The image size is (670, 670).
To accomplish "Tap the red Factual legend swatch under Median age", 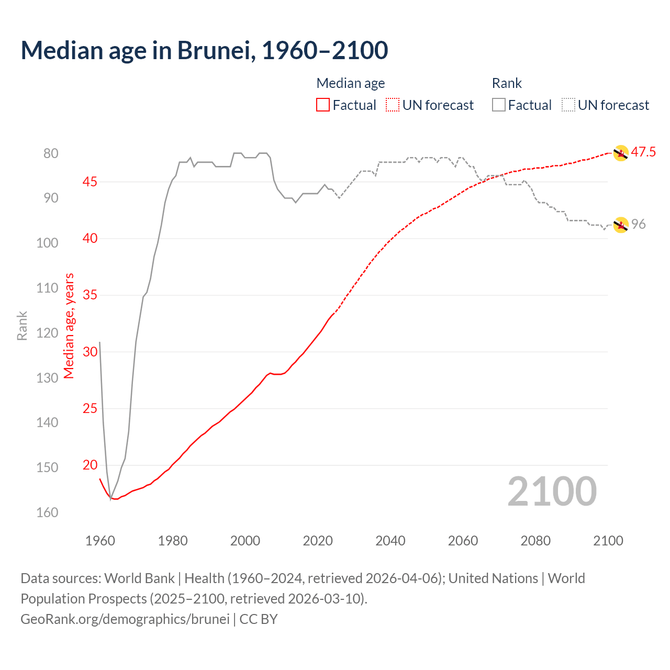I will point(323,105).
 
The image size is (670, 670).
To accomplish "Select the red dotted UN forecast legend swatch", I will point(393,105).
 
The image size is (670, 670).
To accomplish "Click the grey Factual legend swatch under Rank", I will point(499,105).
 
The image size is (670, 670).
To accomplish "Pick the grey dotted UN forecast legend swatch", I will point(568,105).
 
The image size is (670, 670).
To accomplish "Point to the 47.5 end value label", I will point(643,152).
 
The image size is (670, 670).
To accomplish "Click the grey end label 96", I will point(638,224).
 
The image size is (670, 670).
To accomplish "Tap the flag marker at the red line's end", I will point(620,153).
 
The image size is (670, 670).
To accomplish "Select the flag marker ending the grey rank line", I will point(620,225).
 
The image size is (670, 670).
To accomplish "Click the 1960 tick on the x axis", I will point(100,541).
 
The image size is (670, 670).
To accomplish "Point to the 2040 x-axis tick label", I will point(390,541).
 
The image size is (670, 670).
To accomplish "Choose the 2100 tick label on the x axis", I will point(608,541).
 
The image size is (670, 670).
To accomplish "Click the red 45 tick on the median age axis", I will point(90,182).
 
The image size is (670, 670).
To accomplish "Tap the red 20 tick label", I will point(90,465).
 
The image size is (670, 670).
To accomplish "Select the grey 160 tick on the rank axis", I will point(47,512).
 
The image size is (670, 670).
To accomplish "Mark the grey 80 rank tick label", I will point(51,153).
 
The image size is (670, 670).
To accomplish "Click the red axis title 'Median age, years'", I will point(69,326).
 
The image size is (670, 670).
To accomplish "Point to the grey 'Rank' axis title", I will point(22,326).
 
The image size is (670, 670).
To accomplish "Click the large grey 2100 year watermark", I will point(552,492).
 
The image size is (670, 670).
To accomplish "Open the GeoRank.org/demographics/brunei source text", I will point(125,619).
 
